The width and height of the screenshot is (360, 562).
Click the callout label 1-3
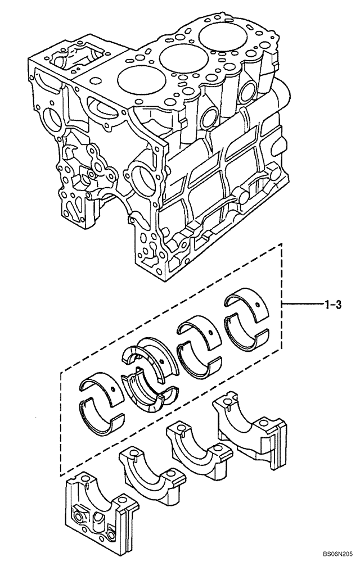(x=333, y=305)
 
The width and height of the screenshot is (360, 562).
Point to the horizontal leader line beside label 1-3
(x=302, y=305)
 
